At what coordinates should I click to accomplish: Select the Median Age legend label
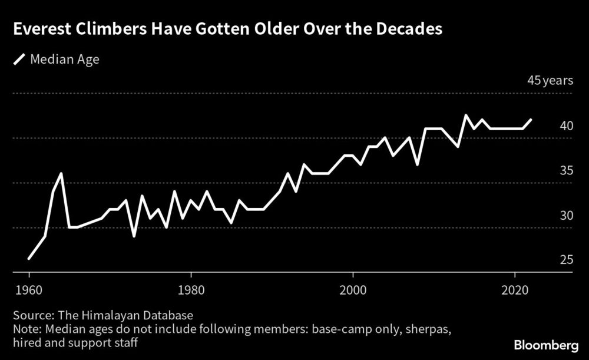(65, 60)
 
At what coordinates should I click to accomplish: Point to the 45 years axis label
(550, 81)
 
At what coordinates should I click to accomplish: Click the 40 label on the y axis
(566, 125)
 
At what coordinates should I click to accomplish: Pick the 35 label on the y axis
(566, 170)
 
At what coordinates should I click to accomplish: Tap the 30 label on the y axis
(566, 215)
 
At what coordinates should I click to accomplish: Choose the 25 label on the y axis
(566, 260)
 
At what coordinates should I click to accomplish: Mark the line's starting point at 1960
(29, 258)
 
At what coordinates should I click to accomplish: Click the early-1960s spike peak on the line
(61, 174)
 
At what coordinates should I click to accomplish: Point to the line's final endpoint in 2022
(531, 120)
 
